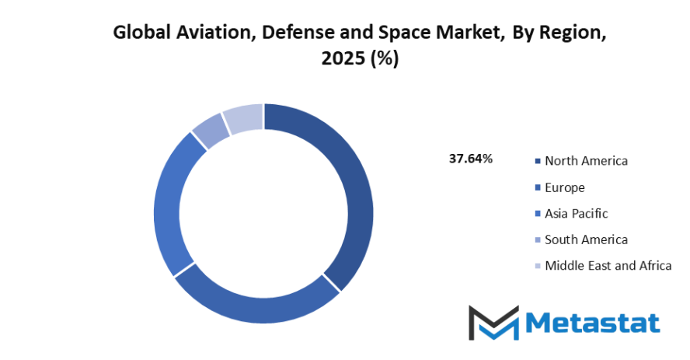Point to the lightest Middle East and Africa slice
tap(242, 118)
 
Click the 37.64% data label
tap(471, 159)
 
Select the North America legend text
tap(586, 161)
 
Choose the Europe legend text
tap(565, 187)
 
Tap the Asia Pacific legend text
tap(577, 213)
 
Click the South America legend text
tap(586, 239)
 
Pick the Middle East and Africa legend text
tap(608, 265)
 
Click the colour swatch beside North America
tap(537, 162)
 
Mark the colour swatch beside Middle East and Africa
tap(537, 266)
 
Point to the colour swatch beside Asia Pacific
tap(537, 214)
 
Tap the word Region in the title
tap(573, 33)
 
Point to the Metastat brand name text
tap(594, 322)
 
